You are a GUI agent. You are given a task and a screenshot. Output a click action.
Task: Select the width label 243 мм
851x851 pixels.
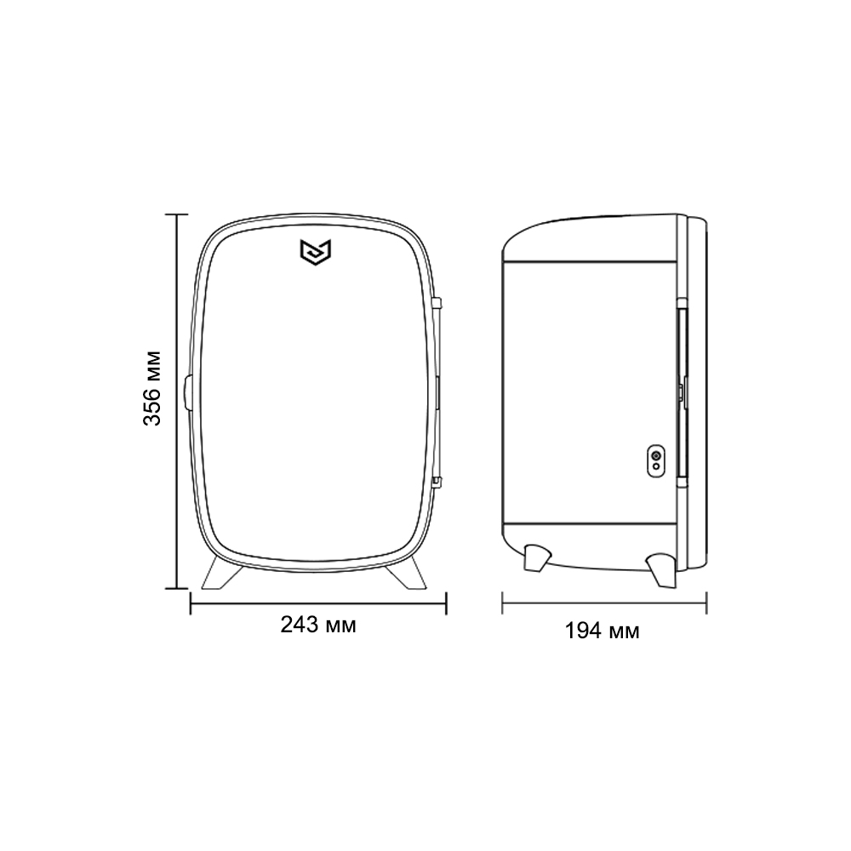(318, 625)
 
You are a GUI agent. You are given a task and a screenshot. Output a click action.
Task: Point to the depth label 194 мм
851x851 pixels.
(603, 631)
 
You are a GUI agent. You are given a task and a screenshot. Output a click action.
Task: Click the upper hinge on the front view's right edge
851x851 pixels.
(437, 302)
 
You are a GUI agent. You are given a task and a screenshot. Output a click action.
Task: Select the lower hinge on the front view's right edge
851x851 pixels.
(437, 483)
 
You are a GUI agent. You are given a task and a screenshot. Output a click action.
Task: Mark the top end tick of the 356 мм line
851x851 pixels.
(177, 214)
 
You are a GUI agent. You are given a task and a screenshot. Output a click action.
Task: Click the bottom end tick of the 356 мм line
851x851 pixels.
(177, 587)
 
